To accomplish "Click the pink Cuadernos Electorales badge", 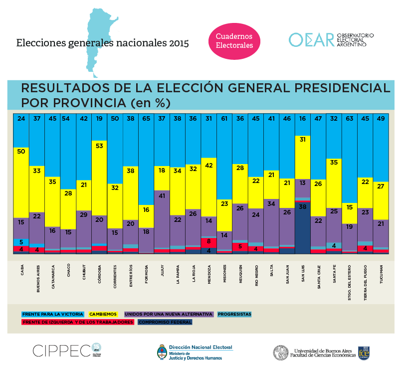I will click(234, 40).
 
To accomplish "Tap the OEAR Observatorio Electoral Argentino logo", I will click(331, 40).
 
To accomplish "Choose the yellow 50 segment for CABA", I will click(21, 181).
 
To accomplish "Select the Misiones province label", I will click(224, 274).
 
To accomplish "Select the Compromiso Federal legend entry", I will click(165, 322).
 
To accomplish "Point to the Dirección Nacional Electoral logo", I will click(195, 352).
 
